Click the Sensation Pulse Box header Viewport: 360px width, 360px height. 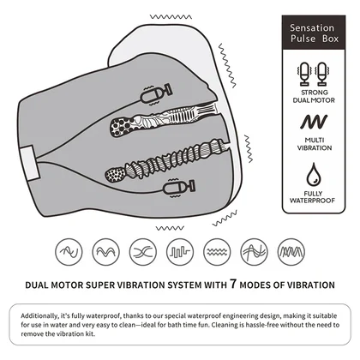click(x=314, y=33)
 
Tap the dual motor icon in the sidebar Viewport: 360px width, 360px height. click(x=314, y=74)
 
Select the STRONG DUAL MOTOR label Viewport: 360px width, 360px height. click(x=314, y=96)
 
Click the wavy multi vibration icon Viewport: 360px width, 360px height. click(x=314, y=122)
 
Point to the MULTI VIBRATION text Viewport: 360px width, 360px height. click(x=315, y=144)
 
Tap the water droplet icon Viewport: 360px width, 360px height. click(x=314, y=175)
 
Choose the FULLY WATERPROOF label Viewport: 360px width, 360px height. click(x=313, y=197)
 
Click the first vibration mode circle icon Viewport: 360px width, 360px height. click(x=69, y=252)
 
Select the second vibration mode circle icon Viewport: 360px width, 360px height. click(x=106, y=252)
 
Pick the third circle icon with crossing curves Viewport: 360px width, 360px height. click(x=143, y=252)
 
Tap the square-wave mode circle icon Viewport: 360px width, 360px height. click(x=180, y=252)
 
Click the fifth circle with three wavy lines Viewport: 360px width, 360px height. click(x=217, y=252)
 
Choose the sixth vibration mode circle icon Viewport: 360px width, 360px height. click(x=255, y=252)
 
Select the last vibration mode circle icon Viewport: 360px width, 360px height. click(x=291, y=252)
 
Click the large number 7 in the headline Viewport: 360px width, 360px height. click(x=233, y=284)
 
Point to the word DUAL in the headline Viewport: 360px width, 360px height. click(x=37, y=285)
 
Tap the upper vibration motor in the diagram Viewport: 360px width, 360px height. click(x=157, y=94)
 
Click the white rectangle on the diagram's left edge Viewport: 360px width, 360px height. click(x=30, y=163)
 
